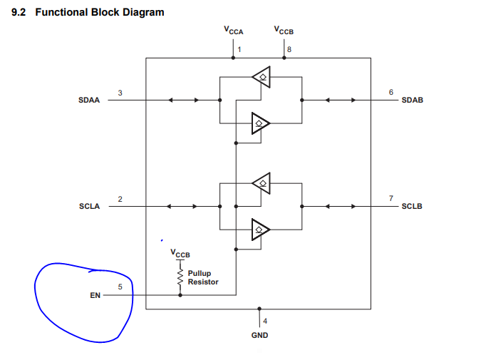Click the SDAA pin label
click(89, 101)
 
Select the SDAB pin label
click(413, 101)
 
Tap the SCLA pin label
click(89, 206)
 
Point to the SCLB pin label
click(413, 206)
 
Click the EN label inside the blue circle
click(95, 295)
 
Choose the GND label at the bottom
click(259, 334)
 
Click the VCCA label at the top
click(233, 31)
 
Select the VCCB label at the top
click(284, 31)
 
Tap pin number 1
click(240, 49)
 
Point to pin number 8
click(289, 49)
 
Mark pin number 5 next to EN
click(120, 287)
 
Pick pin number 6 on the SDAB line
click(391, 93)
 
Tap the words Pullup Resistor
click(203, 277)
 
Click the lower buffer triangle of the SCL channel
click(261, 229)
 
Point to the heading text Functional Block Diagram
click(104, 12)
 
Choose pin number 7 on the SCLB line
click(391, 198)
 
